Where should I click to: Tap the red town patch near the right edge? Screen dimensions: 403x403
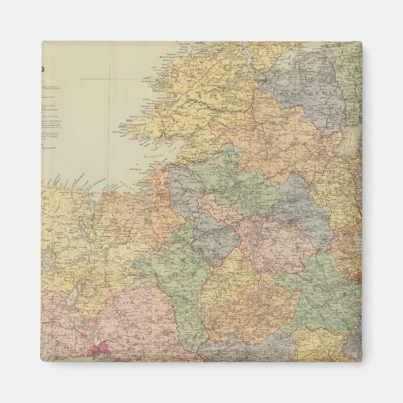[357, 275]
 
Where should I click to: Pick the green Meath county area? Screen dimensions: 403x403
[313, 282]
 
